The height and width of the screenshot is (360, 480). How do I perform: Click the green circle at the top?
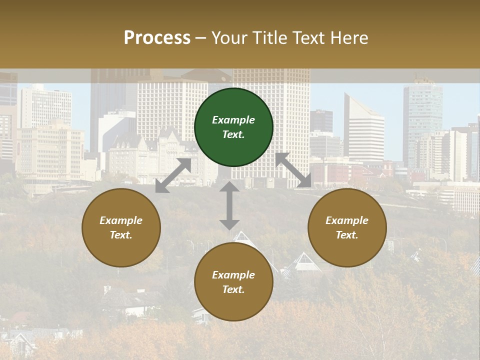click(x=233, y=127)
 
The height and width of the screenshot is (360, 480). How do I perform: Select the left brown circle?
click(x=121, y=227)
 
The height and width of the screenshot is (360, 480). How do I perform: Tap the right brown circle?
click(x=347, y=227)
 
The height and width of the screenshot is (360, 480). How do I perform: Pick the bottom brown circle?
click(x=233, y=282)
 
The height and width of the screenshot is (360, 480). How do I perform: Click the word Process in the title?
click(x=157, y=37)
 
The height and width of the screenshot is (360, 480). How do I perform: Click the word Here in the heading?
click(x=349, y=37)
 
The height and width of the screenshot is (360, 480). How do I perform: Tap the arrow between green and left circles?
click(x=173, y=175)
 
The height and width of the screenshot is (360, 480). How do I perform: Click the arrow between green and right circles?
click(x=293, y=170)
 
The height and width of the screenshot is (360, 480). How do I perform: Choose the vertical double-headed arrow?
click(x=229, y=205)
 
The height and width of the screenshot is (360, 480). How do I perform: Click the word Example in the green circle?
click(x=233, y=120)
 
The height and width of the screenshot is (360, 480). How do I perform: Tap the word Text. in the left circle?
click(x=121, y=235)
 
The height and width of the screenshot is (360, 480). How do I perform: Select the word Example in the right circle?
click(x=347, y=220)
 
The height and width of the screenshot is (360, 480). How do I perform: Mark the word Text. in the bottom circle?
click(x=233, y=289)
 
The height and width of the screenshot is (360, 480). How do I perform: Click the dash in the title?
click(x=201, y=38)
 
